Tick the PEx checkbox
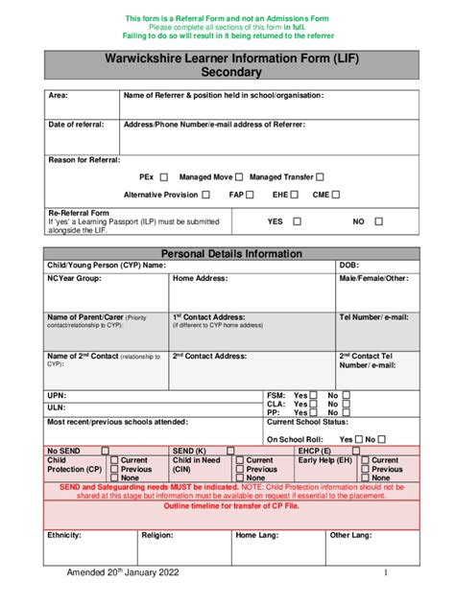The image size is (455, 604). [163, 177]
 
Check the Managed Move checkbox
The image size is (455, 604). [240, 177]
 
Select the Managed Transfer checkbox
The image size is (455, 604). [321, 177]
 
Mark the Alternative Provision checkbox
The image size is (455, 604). [205, 195]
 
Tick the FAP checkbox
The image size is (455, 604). [251, 195]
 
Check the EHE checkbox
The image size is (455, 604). [295, 195]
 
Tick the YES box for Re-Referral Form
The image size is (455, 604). [297, 221]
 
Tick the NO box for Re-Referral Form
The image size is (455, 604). [378, 221]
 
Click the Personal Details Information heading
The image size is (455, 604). [231, 254]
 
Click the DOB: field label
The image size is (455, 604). [349, 266]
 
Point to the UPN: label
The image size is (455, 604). [58, 395]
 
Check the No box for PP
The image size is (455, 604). [347, 413]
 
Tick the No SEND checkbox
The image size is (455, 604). [106, 451]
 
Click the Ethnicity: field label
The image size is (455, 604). [64, 535]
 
